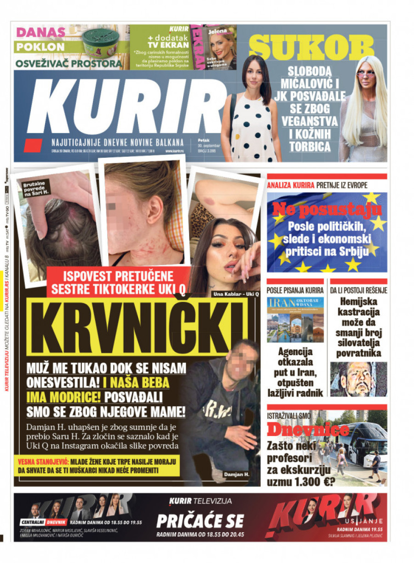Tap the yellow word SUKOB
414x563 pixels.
click(311, 48)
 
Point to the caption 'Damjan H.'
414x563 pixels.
click(236, 474)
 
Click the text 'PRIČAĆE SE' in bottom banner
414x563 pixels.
click(200, 521)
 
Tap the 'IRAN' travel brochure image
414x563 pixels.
click(295, 320)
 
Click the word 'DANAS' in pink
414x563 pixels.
click(40, 32)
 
